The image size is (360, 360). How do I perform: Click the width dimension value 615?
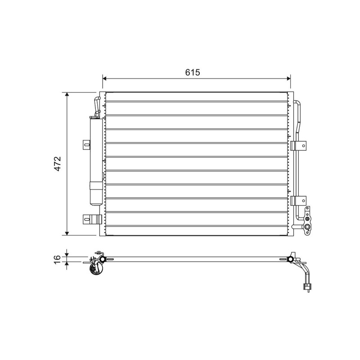point(193,72)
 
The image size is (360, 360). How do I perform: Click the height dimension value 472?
point(58,164)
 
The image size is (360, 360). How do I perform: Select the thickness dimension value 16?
point(57,259)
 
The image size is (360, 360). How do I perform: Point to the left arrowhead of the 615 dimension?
point(105,78)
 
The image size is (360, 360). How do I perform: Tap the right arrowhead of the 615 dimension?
point(288,78)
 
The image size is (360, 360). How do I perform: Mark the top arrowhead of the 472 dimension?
point(67,94)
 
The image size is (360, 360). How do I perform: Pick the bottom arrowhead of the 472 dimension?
point(67,233)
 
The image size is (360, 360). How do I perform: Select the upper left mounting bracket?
point(86,145)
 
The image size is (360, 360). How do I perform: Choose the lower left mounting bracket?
point(92,219)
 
